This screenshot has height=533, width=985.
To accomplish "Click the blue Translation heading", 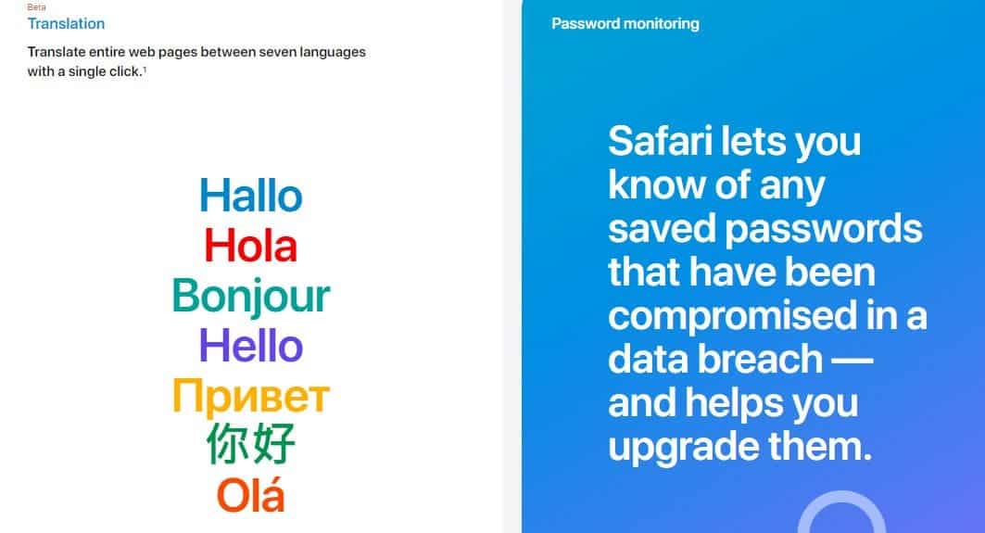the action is coord(66,24).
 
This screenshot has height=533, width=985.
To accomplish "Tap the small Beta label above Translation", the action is coord(36,6).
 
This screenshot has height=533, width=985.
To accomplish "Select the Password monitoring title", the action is coord(625,24).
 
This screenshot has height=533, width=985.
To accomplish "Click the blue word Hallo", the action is coord(250,196).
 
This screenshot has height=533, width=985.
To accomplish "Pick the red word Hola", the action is coord(250,245).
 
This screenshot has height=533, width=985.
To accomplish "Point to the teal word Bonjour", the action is coord(250,297).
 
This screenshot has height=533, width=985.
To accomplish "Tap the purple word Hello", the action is coord(250,346).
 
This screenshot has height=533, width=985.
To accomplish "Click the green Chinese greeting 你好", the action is coord(250,444).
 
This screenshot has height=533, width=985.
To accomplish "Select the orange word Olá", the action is coord(250,495).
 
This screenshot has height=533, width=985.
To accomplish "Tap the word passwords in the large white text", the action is coord(824,229).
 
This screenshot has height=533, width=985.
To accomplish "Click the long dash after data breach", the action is coord(852,361).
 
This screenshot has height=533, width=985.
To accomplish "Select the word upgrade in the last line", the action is coord(683,449).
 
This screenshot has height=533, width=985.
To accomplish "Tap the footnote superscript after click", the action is coord(145,69).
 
